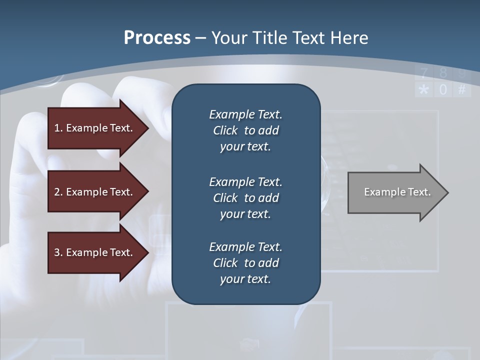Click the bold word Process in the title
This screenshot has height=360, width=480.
click(x=157, y=38)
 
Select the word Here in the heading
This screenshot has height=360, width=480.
click(x=349, y=38)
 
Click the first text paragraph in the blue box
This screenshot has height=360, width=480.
click(x=245, y=130)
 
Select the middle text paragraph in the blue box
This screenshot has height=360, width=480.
click(x=245, y=198)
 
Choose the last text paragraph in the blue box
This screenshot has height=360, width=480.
click(x=245, y=263)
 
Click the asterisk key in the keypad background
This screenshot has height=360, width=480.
click(x=424, y=90)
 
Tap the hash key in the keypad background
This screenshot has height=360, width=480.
click(x=462, y=90)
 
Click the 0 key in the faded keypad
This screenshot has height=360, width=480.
click(x=443, y=90)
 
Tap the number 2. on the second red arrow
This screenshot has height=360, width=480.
click(x=58, y=192)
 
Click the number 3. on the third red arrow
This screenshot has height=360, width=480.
click(x=58, y=252)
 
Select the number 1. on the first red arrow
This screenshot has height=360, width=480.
click(x=58, y=128)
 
